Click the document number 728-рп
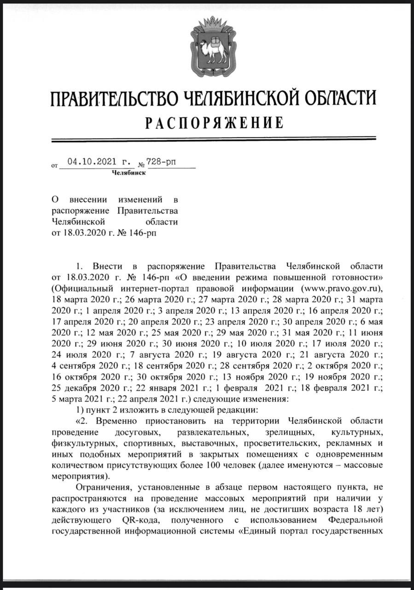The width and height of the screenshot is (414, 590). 161,162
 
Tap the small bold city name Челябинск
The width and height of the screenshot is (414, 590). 128,173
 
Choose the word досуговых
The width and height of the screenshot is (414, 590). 134,433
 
